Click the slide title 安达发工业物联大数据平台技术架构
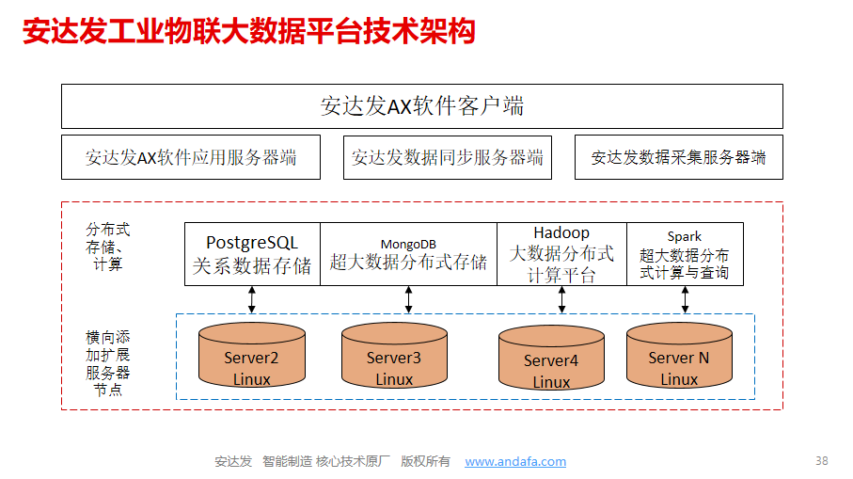point(249,31)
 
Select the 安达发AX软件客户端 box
point(422,106)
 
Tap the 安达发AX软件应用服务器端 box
point(191,157)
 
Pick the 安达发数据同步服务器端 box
point(448,157)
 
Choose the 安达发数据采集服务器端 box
point(679,157)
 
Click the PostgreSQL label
point(252,242)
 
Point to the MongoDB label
point(408,245)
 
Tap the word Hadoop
point(561,232)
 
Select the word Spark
point(685,237)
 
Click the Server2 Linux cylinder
point(252,356)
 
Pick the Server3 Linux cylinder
point(394,356)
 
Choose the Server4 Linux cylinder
point(552,359)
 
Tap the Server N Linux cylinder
point(679,356)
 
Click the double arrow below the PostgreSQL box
point(252,300)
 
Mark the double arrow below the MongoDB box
point(408,300)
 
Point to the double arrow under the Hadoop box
point(562,300)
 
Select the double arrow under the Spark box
point(685,300)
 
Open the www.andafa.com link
point(515,461)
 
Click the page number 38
point(821,461)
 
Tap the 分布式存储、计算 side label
point(108,247)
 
